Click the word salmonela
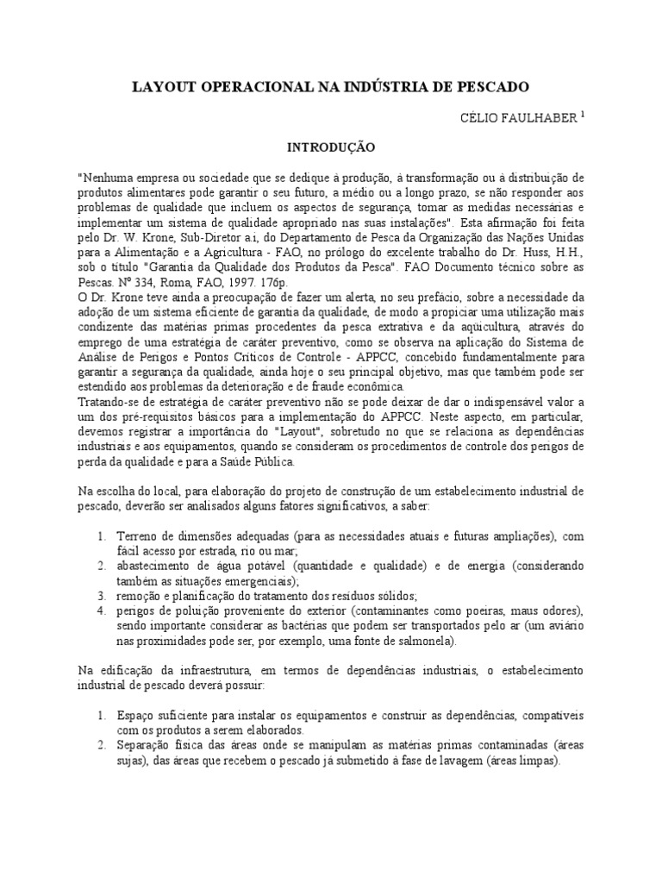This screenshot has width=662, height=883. click(424, 642)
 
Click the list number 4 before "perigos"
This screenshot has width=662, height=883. click(100, 611)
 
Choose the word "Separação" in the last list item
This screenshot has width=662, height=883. click(146, 746)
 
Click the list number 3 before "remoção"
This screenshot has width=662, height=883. click(100, 596)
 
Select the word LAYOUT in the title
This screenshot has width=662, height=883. click(161, 87)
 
